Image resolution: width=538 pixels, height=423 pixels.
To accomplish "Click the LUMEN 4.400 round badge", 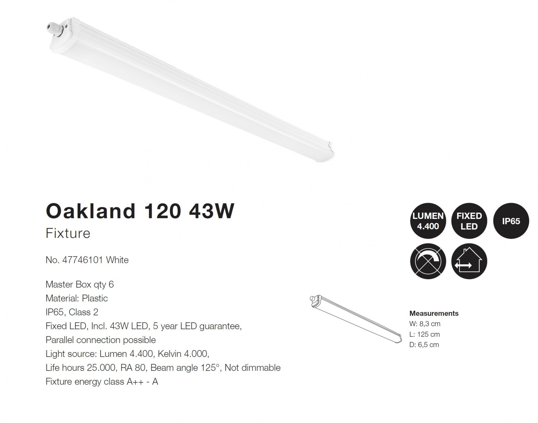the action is click(x=428, y=221).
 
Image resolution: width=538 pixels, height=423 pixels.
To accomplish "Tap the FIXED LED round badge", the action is click(x=469, y=221).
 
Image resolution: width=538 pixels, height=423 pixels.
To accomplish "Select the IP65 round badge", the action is click(x=511, y=221).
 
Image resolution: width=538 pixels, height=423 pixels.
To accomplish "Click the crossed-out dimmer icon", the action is click(x=428, y=261).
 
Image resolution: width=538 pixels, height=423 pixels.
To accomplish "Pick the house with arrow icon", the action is click(x=469, y=261).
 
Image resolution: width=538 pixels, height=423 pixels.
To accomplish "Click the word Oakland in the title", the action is click(x=91, y=211).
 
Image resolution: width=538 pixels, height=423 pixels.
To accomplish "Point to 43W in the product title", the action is click(x=211, y=211).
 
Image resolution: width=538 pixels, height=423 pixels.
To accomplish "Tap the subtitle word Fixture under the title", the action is click(x=68, y=233).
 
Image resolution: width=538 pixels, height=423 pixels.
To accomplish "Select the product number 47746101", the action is click(x=83, y=260).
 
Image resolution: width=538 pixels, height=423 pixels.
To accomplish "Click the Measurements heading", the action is click(x=434, y=313).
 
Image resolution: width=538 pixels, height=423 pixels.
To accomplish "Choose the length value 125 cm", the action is click(x=428, y=334).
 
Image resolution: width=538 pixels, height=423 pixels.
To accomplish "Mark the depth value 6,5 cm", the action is click(x=428, y=345).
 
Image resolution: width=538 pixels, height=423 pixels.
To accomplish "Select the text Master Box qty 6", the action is click(x=80, y=285).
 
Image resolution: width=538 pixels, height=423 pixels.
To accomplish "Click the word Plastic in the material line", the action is click(x=95, y=298).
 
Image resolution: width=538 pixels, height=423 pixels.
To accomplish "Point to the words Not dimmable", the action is click(x=252, y=367).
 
